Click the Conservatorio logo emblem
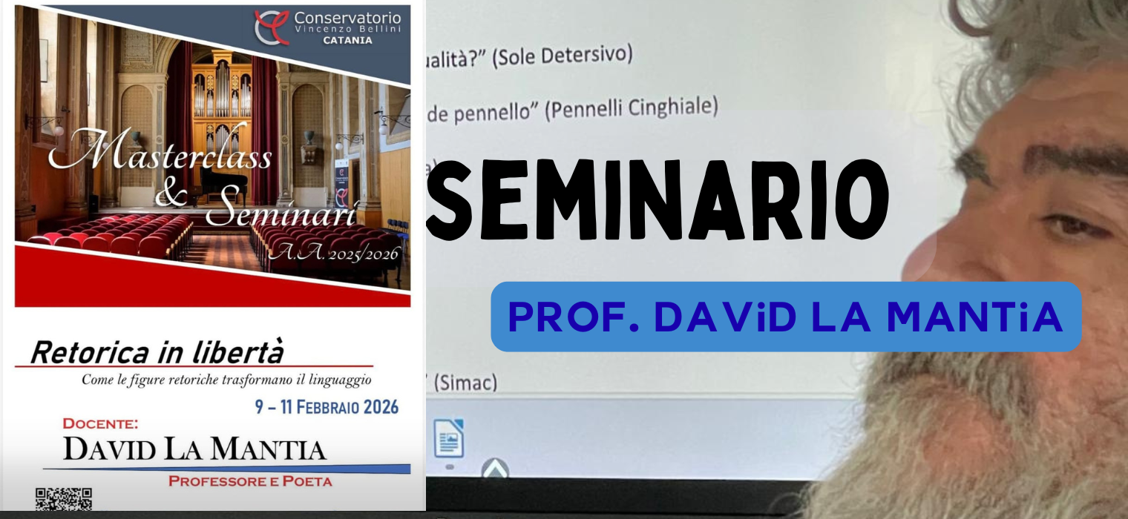point(272,27)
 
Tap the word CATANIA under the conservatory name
point(347,41)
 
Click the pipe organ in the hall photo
point(221,96)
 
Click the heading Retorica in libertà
point(157,353)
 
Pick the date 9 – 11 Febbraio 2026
point(327,407)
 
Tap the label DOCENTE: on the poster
point(100,424)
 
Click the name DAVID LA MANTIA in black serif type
point(194,449)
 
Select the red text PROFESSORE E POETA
point(250,481)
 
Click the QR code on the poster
point(64,499)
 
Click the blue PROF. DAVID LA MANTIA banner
point(785,317)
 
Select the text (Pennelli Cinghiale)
point(632,109)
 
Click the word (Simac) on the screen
point(465,383)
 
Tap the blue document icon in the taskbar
point(449,439)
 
